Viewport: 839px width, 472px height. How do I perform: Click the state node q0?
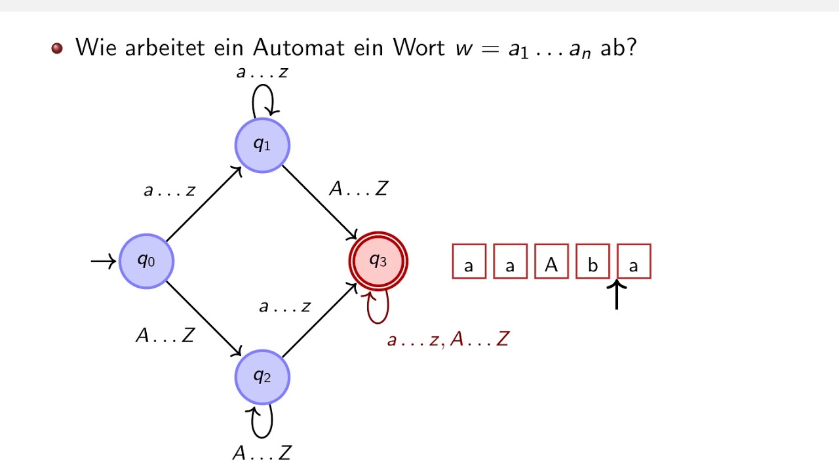click(x=146, y=261)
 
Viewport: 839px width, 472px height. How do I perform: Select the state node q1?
click(x=262, y=145)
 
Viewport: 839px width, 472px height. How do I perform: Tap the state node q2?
click(x=262, y=377)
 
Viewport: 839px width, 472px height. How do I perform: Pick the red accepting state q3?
click(x=378, y=261)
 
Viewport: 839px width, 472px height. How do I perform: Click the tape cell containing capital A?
click(x=551, y=262)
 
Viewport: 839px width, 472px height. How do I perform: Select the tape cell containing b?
click(x=593, y=262)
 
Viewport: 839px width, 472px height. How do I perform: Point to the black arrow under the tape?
click(x=616, y=295)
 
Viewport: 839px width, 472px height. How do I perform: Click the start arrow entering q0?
click(x=103, y=262)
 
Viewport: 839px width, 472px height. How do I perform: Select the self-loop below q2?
click(x=262, y=421)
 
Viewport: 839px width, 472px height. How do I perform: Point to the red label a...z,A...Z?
click(x=448, y=340)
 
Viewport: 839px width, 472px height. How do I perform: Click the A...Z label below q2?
click(x=262, y=452)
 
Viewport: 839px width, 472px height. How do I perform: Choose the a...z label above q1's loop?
click(x=262, y=72)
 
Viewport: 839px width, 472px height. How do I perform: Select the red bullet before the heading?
click(x=57, y=49)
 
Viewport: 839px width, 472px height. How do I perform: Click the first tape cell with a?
click(x=469, y=262)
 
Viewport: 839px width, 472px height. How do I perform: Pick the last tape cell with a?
click(x=634, y=262)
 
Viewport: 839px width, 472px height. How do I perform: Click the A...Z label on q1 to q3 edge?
click(x=359, y=189)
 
